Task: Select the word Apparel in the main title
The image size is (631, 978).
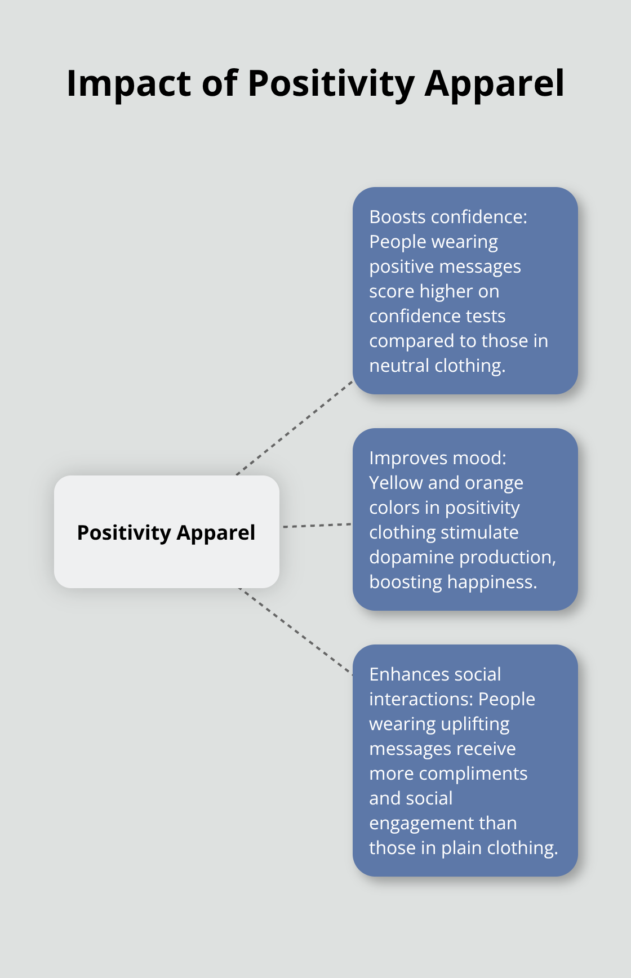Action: point(494,84)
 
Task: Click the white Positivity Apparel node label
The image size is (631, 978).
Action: point(166,532)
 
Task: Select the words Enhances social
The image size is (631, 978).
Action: point(435,674)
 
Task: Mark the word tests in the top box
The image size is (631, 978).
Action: point(486,316)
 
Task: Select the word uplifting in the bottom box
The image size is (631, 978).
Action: point(475,724)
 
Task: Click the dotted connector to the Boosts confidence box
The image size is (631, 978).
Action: point(294,428)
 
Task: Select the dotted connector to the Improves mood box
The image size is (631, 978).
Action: point(317,525)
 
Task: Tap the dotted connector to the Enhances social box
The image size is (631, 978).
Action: point(296,631)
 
